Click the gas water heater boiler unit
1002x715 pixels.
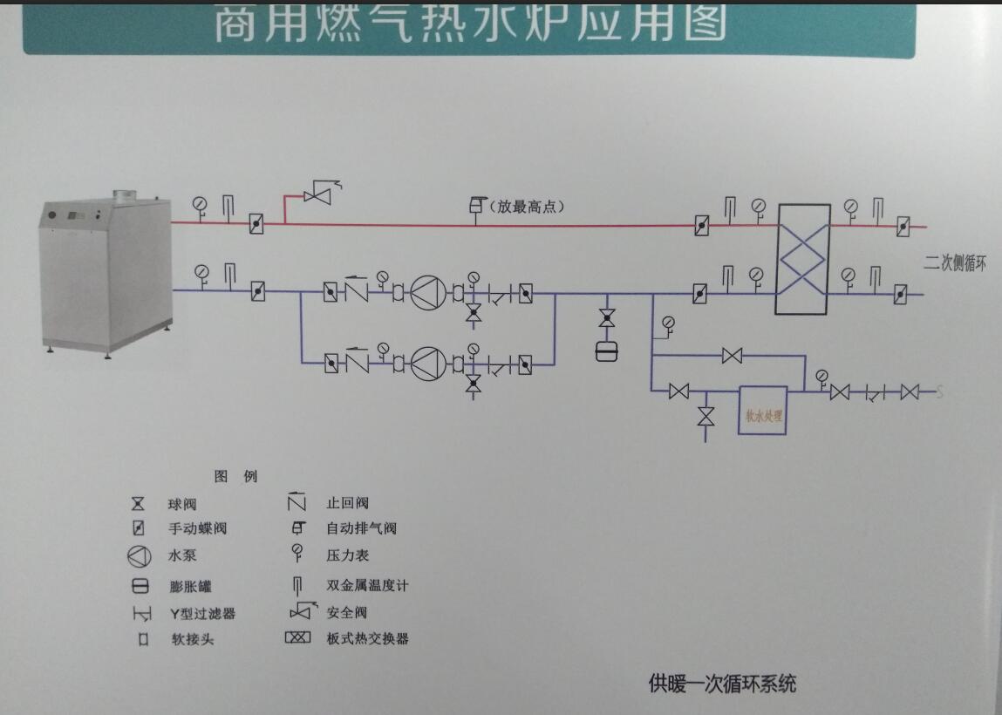point(105,270)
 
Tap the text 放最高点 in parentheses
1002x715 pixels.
point(527,207)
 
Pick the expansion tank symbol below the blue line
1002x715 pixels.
point(606,351)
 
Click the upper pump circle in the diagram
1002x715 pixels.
point(427,291)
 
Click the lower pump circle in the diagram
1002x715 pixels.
point(427,361)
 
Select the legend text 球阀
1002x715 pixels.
point(182,504)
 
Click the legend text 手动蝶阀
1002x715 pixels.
point(197,528)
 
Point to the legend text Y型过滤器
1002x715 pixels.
point(202,613)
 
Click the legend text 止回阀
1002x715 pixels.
point(347,503)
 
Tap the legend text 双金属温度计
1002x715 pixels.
point(366,585)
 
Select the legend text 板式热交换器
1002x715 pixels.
point(367,638)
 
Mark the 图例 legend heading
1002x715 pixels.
point(235,476)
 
